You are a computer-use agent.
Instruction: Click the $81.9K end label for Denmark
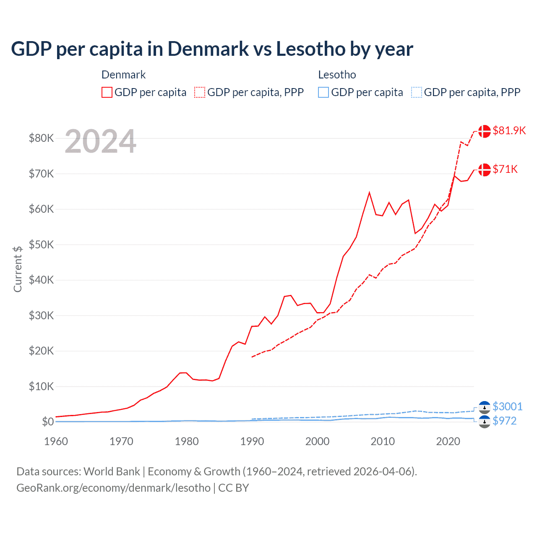509,130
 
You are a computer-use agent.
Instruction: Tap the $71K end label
505,169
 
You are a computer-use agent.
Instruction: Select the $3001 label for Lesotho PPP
507,407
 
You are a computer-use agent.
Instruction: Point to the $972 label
504,421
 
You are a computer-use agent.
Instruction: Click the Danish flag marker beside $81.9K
485,131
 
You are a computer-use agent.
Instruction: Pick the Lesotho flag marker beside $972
485,422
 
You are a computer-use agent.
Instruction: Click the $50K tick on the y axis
41,245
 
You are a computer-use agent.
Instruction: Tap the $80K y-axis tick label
41,138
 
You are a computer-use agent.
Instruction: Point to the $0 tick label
48,422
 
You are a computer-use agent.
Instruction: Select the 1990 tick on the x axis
252,441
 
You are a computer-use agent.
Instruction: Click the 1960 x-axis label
56,441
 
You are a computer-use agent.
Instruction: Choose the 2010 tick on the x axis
383,441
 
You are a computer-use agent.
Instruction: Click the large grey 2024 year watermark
100,141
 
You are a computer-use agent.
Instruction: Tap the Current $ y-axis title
18,269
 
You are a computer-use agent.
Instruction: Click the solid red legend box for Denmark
107,92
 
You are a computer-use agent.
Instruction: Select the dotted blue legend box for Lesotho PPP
417,92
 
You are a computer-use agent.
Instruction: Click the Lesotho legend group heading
337,75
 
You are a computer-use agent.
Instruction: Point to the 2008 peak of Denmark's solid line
369,193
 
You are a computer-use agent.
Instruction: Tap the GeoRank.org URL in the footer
113,487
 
